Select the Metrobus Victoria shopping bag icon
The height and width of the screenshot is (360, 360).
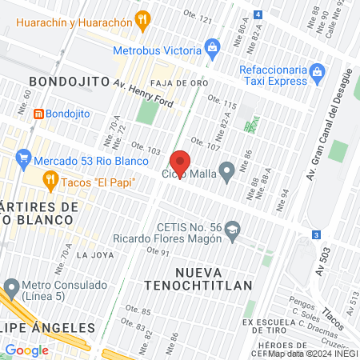(212, 47)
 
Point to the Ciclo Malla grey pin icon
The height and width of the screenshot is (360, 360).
(227, 170)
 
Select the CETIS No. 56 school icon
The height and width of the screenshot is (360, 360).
(232, 229)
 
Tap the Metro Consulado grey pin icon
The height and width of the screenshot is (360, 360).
(11, 286)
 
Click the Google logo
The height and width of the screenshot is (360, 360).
(26, 350)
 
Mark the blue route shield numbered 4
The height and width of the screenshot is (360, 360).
(258, 14)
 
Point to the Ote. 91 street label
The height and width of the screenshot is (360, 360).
(156, 253)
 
